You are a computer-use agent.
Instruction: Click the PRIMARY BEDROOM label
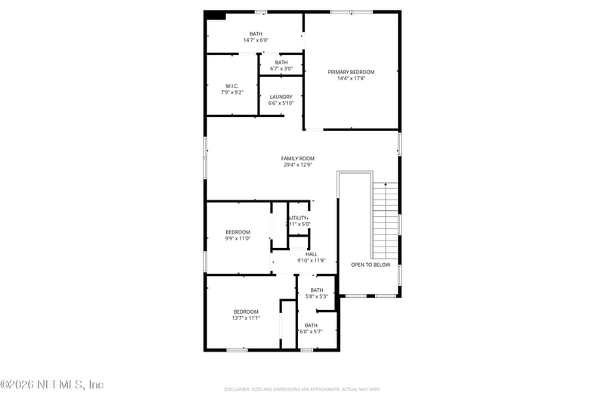(x=351, y=72)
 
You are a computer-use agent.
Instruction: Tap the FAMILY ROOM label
(x=297, y=159)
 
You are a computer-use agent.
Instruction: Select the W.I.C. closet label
(x=232, y=85)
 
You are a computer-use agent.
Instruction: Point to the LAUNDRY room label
(x=281, y=97)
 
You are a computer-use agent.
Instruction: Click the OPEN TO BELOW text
(x=371, y=265)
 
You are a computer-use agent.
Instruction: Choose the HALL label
(x=312, y=254)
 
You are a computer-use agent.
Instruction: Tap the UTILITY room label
(x=299, y=218)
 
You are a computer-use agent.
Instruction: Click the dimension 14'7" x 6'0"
(x=256, y=39)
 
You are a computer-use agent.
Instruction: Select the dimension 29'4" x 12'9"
(x=297, y=165)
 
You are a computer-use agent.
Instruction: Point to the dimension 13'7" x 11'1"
(x=246, y=318)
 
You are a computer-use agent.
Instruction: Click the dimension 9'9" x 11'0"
(x=237, y=239)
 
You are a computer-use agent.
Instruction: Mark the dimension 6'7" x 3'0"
(x=281, y=69)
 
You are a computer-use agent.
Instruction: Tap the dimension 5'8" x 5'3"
(x=316, y=296)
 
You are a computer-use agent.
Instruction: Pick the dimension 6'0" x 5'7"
(x=311, y=332)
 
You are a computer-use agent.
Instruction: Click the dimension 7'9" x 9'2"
(x=232, y=92)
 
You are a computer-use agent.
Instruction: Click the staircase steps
(x=385, y=219)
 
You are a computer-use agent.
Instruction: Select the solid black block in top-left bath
(x=216, y=14)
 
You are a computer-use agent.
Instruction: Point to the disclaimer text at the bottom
(x=302, y=389)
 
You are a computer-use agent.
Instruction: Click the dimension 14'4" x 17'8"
(x=351, y=78)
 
